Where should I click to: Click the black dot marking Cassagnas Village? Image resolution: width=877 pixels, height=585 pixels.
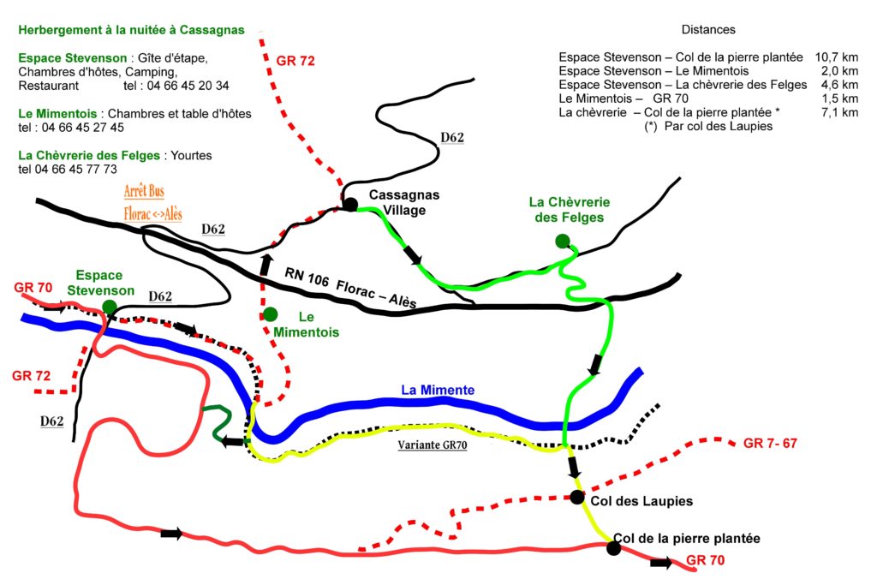(x=349, y=204)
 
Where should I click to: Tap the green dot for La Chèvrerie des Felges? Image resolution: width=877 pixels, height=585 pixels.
(x=562, y=240)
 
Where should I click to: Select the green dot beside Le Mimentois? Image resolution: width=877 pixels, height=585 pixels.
(x=271, y=314)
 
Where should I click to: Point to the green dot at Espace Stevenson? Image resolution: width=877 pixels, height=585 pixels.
(x=109, y=307)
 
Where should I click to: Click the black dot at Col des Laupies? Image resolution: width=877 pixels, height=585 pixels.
(x=578, y=498)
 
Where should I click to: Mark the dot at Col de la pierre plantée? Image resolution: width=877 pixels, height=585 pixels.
(x=613, y=548)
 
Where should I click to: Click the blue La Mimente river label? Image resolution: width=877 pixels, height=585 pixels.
(x=438, y=390)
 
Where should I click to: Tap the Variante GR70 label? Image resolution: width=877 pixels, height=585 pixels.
(x=433, y=445)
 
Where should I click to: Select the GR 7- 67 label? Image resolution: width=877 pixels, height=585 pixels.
(x=771, y=443)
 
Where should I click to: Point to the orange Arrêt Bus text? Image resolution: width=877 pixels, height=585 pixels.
(x=144, y=191)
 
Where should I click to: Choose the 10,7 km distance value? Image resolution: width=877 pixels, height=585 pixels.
(x=838, y=57)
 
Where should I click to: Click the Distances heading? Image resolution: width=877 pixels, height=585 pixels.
(x=708, y=30)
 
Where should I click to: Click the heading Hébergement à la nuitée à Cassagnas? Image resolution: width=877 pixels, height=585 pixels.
(x=131, y=30)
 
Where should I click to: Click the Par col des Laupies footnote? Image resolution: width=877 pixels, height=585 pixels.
(x=708, y=127)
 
